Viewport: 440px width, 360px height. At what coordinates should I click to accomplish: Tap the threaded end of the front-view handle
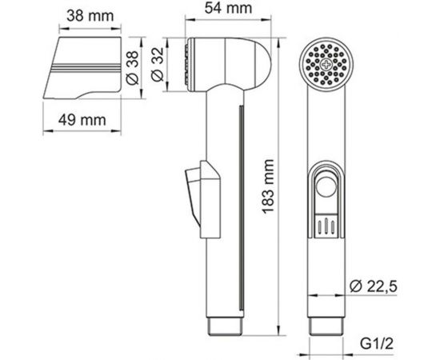(328, 323)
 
